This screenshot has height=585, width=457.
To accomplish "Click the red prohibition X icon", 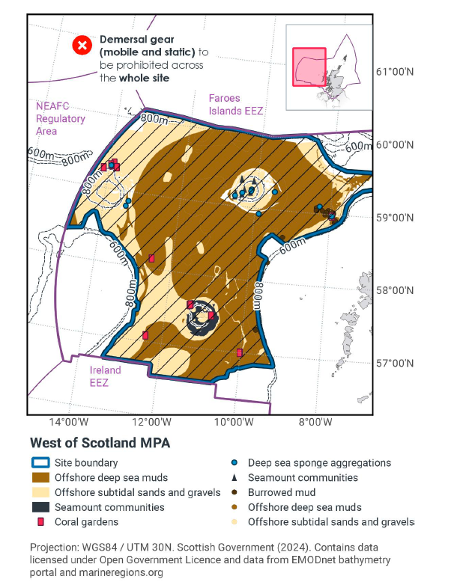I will [x=82, y=46].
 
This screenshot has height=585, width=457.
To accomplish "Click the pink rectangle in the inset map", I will [x=308, y=67].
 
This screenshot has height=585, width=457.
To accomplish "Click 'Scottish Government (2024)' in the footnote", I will [x=237, y=546].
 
